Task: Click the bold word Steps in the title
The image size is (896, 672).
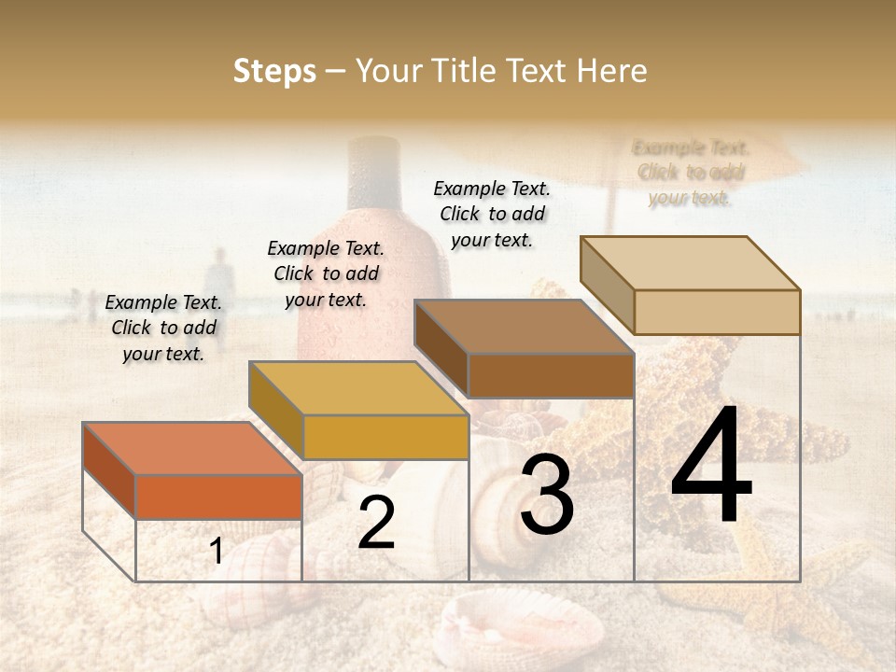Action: [x=274, y=71]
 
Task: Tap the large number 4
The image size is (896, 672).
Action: [x=711, y=467]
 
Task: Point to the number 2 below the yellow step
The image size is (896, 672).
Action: [x=376, y=524]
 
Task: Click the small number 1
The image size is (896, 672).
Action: [x=217, y=552]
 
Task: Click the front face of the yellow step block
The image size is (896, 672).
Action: [x=385, y=437]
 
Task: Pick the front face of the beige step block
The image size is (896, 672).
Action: [x=717, y=312]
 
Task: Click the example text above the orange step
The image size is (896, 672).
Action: [x=163, y=328]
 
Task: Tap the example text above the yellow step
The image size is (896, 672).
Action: [x=326, y=273]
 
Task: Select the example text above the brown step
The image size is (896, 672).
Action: [x=492, y=214]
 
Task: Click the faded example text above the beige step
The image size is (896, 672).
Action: [x=690, y=173]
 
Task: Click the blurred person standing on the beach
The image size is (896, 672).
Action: [x=218, y=285]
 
